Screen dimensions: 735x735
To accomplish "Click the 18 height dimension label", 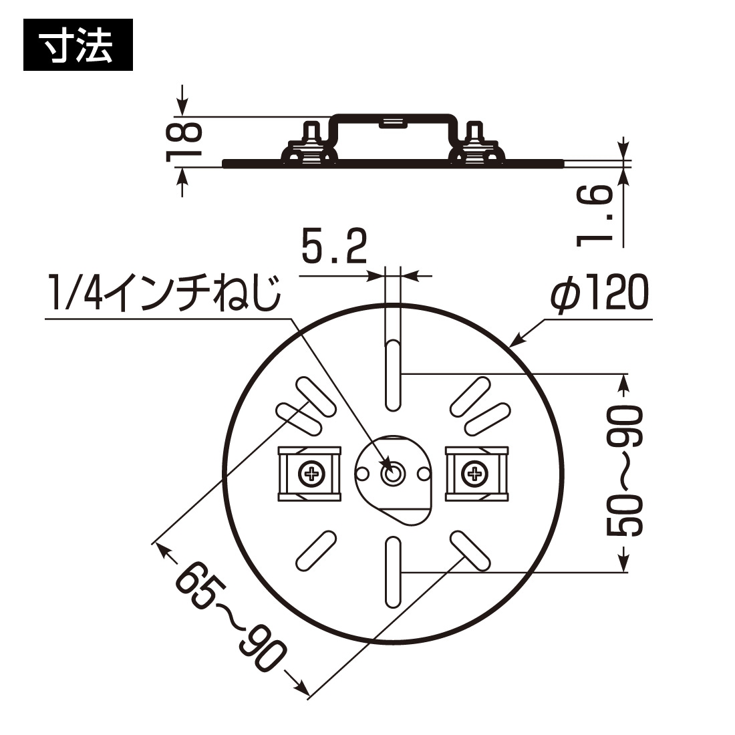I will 182,142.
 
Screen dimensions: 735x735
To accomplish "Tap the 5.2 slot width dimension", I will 334,247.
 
